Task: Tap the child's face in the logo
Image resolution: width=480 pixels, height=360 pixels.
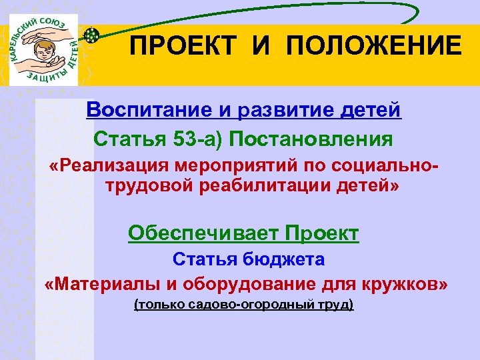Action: [x=45, y=51]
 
